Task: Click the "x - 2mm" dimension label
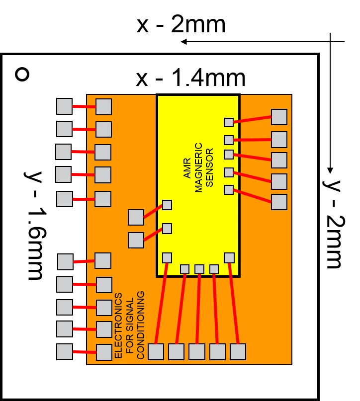[x=181, y=24]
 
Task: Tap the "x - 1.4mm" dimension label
[x=190, y=78]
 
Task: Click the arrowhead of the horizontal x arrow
[x=183, y=41]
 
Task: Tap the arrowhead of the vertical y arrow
[x=330, y=170]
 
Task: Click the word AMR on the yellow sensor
[x=187, y=168]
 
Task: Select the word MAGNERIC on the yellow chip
[x=198, y=167]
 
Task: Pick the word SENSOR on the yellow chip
[x=209, y=167]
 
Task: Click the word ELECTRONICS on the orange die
[x=118, y=325]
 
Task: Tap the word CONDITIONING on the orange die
[x=140, y=325]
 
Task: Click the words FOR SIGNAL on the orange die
[x=129, y=325]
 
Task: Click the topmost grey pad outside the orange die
[x=64, y=106]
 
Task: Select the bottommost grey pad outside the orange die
[x=65, y=352]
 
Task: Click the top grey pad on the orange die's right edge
[x=279, y=117]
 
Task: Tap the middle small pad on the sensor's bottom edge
[x=199, y=269]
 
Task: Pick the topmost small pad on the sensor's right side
[x=229, y=122]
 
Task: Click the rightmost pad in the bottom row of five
[x=238, y=352]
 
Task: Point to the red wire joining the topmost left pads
[x=84, y=106]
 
